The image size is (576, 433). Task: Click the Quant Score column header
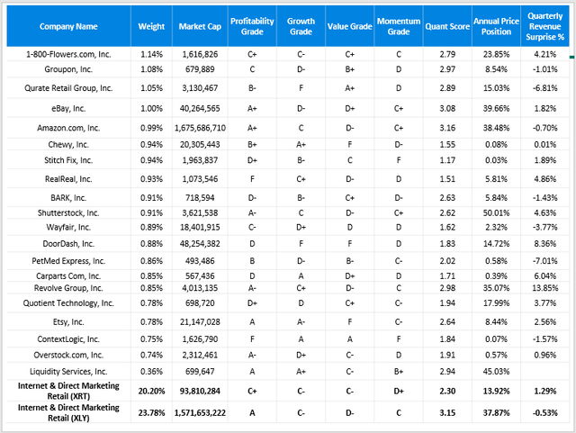pyautogui.click(x=447, y=26)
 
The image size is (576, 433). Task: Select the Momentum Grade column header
pyautogui.click(x=399, y=26)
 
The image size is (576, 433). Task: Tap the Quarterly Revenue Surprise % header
pyautogui.click(x=544, y=26)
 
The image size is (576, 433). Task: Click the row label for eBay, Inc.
pyautogui.click(x=68, y=108)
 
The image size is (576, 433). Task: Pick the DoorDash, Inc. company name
pyautogui.click(x=68, y=244)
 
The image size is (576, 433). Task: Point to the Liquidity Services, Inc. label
pyautogui.click(x=68, y=372)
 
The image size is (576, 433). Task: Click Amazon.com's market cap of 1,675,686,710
pyautogui.click(x=200, y=128)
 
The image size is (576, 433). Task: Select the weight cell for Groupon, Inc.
pyautogui.click(x=151, y=69)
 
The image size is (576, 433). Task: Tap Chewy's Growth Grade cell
pyautogui.click(x=301, y=144)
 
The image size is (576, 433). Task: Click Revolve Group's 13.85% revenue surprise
pyautogui.click(x=545, y=288)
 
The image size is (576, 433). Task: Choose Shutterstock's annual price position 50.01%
pyautogui.click(x=496, y=212)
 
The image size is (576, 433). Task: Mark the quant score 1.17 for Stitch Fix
pyautogui.click(x=447, y=160)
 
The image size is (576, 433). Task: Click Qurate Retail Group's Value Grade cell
pyautogui.click(x=350, y=88)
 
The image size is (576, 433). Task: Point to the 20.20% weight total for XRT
pyautogui.click(x=151, y=391)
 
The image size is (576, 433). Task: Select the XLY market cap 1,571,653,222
pyautogui.click(x=200, y=413)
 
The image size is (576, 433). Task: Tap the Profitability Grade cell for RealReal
pyautogui.click(x=252, y=179)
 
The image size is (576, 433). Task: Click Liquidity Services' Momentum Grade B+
pyautogui.click(x=399, y=372)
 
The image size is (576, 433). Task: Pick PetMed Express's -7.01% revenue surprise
pyautogui.click(x=545, y=261)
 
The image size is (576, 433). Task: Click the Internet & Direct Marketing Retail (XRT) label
pyautogui.click(x=68, y=391)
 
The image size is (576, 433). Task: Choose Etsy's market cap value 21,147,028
pyautogui.click(x=200, y=322)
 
